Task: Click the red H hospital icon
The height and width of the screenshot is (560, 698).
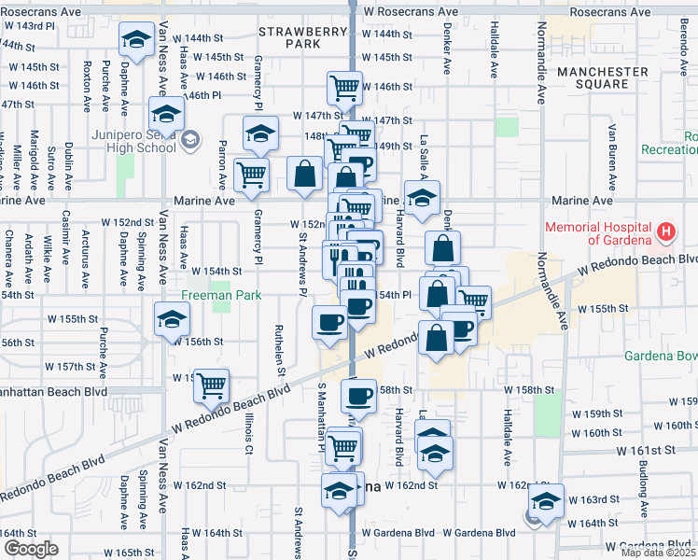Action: point(666,231)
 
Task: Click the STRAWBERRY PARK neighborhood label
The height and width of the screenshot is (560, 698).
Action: point(290,37)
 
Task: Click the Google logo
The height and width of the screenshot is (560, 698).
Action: point(31,549)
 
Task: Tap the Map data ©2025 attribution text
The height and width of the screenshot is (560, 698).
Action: point(658,553)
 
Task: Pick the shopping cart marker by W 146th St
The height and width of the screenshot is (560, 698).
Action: point(344,88)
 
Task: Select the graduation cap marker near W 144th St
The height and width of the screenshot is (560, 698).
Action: point(137,39)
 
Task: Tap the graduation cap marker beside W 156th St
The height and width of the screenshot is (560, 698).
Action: point(172,319)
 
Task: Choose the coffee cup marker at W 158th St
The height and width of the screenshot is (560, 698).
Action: point(358,396)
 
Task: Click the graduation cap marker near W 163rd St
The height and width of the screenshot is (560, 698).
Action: point(546,499)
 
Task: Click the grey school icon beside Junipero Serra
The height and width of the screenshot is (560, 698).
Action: point(191,140)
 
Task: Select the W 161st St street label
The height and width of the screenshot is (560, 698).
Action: point(644,450)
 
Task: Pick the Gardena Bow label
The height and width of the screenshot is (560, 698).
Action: point(660,356)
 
